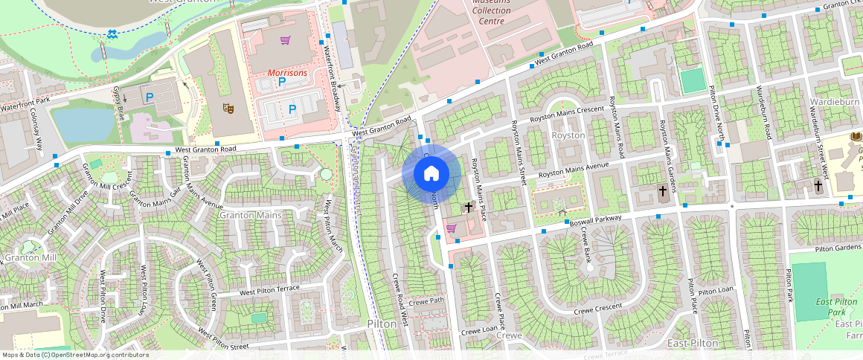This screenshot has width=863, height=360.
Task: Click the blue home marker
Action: tap(431, 173)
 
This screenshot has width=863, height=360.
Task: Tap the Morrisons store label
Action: tap(286, 73)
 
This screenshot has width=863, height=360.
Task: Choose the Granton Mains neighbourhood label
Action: tap(251, 215)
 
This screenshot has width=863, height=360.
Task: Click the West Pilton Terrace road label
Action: tap(269, 290)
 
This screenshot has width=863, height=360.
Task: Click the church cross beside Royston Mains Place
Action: tap(469, 208)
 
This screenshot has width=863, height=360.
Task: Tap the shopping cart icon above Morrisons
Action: tap(284, 40)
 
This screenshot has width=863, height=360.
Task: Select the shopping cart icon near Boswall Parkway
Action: tap(451, 228)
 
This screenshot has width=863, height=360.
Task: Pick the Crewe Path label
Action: tap(426, 301)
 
